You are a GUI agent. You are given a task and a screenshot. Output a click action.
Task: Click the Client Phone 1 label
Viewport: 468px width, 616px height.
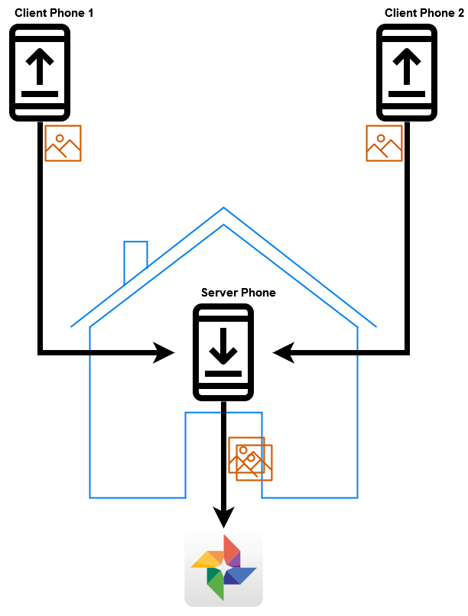[54, 13]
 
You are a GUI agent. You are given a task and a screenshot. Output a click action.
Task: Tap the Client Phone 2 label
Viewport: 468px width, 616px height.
[424, 13]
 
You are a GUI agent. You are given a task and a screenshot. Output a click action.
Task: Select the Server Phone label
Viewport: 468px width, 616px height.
[238, 293]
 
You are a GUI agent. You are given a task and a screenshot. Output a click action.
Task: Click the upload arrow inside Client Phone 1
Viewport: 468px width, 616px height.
[40, 66]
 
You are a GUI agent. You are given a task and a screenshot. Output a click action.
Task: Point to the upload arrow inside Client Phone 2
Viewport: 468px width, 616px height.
[407, 66]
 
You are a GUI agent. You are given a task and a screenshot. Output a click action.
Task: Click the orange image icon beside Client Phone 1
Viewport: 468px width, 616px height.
[63, 143]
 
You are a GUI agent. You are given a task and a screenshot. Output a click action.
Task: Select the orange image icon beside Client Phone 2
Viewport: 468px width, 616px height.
[384, 143]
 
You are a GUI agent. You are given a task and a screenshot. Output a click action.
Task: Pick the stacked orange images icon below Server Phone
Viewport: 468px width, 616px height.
[250, 459]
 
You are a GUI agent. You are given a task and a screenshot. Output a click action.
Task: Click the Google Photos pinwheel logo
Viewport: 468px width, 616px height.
[223, 567]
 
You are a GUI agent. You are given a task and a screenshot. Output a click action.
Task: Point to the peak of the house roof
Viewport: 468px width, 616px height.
[223, 207]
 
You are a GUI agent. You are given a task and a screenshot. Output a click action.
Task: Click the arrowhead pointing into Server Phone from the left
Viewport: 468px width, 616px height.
[164, 352]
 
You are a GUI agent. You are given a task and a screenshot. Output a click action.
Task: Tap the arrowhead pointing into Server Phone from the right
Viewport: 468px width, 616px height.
[284, 352]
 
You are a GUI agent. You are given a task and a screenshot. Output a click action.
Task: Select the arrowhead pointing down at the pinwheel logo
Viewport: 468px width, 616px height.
[223, 517]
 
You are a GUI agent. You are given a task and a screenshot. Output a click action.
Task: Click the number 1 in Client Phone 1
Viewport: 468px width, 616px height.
[90, 13]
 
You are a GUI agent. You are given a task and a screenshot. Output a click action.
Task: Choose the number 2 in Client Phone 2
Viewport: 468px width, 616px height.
[461, 13]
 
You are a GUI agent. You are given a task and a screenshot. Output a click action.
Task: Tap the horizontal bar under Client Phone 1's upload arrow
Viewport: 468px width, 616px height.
[40, 94]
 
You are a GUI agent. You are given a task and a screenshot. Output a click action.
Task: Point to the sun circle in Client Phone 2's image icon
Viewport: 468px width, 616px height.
[381, 138]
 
